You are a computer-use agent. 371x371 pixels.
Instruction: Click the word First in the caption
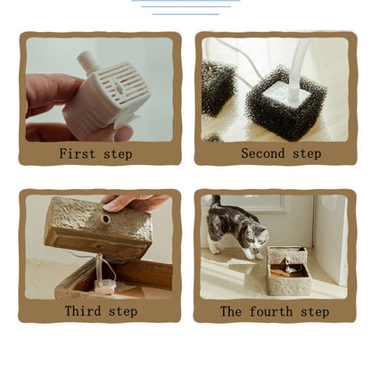click(77, 153)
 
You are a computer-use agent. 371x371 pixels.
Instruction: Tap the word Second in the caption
click(263, 153)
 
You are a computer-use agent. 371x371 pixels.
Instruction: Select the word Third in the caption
click(83, 311)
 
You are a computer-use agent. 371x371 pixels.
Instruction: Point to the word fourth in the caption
click(271, 311)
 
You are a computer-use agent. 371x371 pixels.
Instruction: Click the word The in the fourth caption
click(231, 311)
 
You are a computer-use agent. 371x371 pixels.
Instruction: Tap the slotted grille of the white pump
click(123, 83)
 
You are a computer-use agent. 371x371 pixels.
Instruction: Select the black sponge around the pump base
click(285, 102)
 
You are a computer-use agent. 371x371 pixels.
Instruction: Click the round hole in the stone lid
click(105, 220)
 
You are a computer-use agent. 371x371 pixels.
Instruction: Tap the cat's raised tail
click(215, 201)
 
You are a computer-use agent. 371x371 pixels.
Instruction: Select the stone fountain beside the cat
click(288, 270)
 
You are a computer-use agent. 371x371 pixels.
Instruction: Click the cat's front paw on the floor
click(258, 256)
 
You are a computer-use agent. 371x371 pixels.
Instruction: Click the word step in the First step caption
click(118, 154)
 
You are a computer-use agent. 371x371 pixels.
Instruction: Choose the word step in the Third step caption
click(123, 311)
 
